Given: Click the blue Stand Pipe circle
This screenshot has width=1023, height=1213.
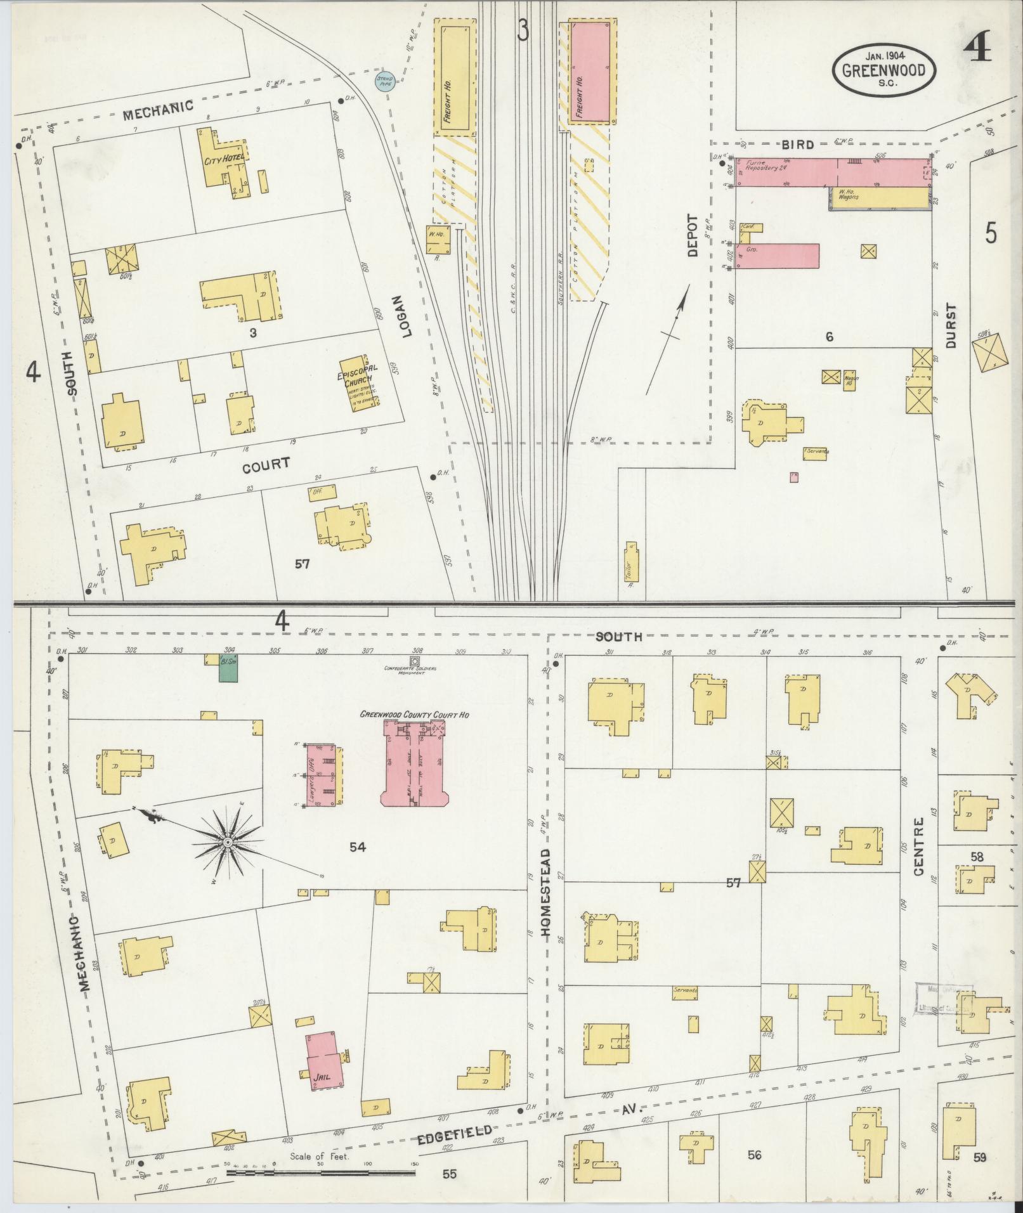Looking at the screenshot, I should pyautogui.click(x=383, y=83).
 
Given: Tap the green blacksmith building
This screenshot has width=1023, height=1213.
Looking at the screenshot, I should pyautogui.click(x=228, y=669).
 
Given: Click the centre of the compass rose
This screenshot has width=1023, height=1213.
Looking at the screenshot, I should pyautogui.click(x=226, y=841).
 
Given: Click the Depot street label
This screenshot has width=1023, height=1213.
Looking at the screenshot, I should pyautogui.click(x=691, y=235).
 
